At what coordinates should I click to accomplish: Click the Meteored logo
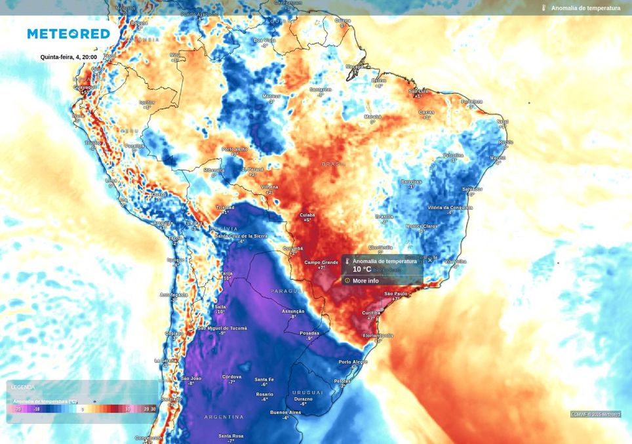(68, 33)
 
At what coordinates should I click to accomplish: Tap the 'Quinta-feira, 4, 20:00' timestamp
(68, 57)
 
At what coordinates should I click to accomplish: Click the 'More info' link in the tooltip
(365, 281)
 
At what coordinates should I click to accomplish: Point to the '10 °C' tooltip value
(362, 269)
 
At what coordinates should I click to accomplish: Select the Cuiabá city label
(307, 214)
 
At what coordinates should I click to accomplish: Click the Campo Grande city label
(321, 262)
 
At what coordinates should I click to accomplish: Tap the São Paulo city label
(396, 293)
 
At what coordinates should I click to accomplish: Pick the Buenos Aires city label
(285, 412)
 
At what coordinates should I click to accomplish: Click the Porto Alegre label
(353, 362)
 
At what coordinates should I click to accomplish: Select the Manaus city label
(271, 96)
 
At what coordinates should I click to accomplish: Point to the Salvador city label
(471, 189)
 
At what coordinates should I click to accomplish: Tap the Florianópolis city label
(378, 335)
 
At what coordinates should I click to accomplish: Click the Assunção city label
(292, 311)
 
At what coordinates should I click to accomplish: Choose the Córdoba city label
(231, 376)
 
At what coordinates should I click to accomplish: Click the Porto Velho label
(234, 149)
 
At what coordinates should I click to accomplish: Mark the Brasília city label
(384, 216)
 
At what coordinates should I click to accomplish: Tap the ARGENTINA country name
(224, 417)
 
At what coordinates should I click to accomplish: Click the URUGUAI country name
(307, 392)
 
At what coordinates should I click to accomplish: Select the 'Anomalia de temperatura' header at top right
(585, 8)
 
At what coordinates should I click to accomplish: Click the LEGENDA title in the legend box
(23, 387)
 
